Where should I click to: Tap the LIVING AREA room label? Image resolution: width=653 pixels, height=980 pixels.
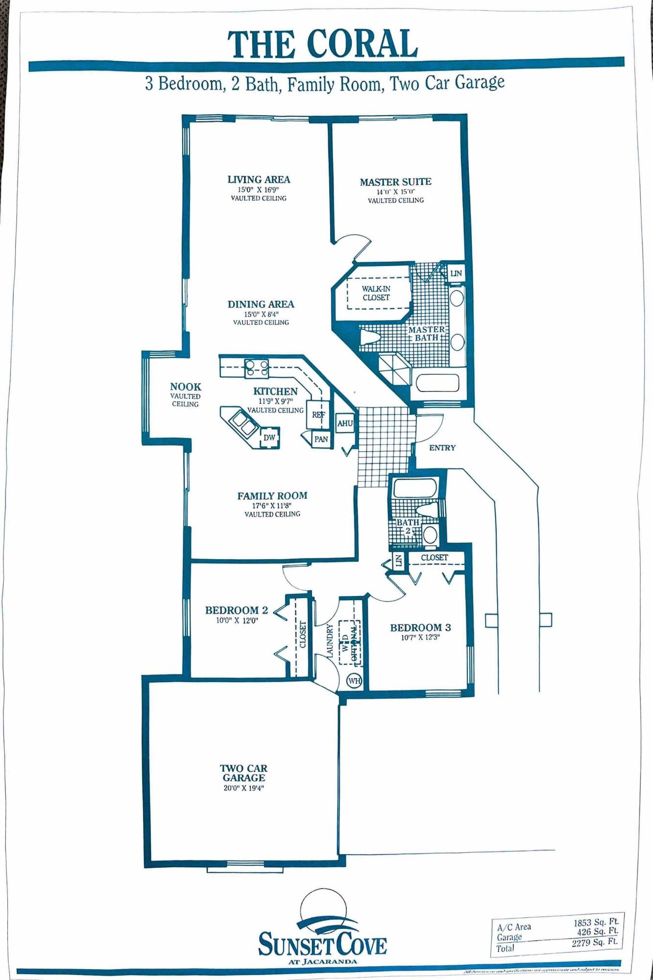tap(259, 180)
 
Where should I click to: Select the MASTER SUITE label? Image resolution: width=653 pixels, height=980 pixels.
tap(395, 182)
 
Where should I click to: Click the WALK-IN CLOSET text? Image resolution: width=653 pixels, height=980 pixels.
tap(376, 293)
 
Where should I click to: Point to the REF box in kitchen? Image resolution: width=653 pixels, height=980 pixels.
tap(318, 415)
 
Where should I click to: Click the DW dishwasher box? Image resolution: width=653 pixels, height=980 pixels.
tap(269, 438)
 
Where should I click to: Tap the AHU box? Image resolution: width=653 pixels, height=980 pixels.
tap(345, 423)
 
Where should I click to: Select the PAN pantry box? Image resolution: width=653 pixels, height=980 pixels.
tap(321, 439)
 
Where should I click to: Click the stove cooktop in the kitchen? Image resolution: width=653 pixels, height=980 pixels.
tap(257, 367)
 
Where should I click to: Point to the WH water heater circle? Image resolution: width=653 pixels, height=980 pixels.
tap(354, 681)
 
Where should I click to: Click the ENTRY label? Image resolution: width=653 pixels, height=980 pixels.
tap(442, 447)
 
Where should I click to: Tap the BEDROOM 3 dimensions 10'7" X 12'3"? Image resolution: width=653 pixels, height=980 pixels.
tap(420, 637)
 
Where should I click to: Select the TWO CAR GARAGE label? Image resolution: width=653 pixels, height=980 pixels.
tap(243, 773)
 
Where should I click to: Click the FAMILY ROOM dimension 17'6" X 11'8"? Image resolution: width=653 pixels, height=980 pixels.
tap(272, 505)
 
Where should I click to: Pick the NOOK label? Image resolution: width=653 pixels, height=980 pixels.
tap(186, 387)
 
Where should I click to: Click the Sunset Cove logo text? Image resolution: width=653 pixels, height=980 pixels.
tap(322, 944)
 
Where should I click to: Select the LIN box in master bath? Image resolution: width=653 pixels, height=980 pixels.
tap(456, 273)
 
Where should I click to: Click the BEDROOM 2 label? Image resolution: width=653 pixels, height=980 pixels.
tap(236, 610)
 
